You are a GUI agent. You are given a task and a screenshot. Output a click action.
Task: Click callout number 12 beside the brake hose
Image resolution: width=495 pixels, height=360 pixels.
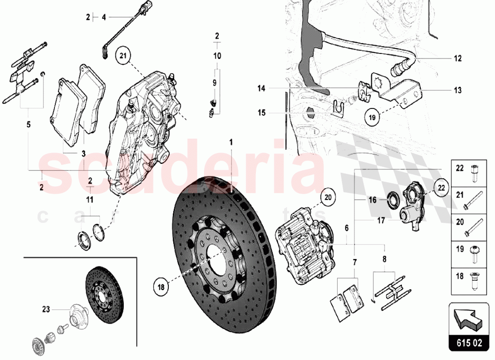click(457, 58)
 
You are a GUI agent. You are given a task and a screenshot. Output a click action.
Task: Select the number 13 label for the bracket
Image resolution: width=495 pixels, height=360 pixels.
click(457, 90)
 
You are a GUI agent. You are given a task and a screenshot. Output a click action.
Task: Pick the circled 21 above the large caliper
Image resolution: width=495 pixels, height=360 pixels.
click(124, 56)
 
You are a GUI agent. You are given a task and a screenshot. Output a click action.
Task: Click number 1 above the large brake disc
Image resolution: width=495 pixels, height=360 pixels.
click(230, 142)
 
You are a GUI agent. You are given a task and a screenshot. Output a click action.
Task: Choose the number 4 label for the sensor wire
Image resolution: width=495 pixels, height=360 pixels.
click(103, 17)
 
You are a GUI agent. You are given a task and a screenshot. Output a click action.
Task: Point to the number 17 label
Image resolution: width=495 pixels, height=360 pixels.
click(381, 221)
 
